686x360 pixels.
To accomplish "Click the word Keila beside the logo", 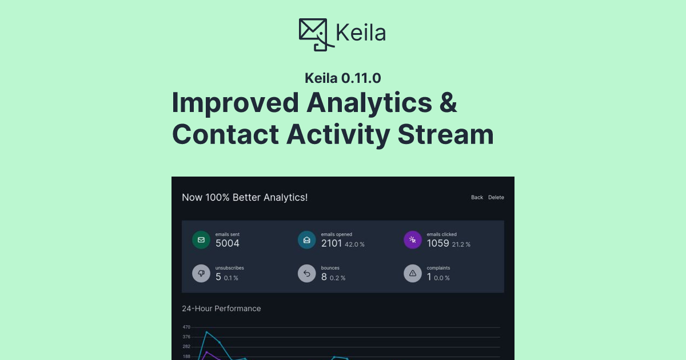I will tap(361, 33).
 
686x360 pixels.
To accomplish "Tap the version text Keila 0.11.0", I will tap(342, 78).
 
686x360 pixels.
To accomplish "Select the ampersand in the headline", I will tap(445, 103).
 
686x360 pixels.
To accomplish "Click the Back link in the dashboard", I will tap(477, 198).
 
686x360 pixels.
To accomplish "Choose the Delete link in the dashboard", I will tap(496, 198).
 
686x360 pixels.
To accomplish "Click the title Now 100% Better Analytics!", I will tap(245, 198).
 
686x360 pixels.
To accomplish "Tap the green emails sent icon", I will tap(201, 240).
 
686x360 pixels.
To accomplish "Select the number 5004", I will tap(228, 243).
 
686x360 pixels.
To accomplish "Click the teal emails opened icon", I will tap(307, 240).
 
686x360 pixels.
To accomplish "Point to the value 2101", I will tap(332, 243).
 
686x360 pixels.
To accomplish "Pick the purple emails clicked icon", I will tap(413, 240).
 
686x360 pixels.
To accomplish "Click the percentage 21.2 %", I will tap(461, 245).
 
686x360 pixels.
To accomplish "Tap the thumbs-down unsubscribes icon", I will tap(201, 274).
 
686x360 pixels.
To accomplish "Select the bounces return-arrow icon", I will tap(307, 274).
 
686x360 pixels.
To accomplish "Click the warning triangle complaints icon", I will tap(413, 274).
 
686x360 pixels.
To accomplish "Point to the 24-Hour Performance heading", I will tap(221, 309).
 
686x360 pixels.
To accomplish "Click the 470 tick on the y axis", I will tap(186, 327).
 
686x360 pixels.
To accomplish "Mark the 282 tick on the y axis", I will tap(186, 347).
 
